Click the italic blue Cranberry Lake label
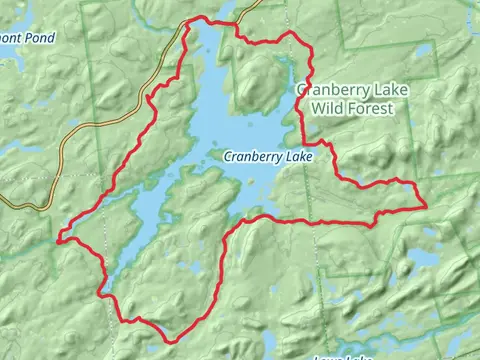coord(268,157)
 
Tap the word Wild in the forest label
coord(329,107)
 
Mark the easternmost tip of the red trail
coord(427,205)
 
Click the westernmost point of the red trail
coord(58,239)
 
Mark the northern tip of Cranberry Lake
coord(215,22)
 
